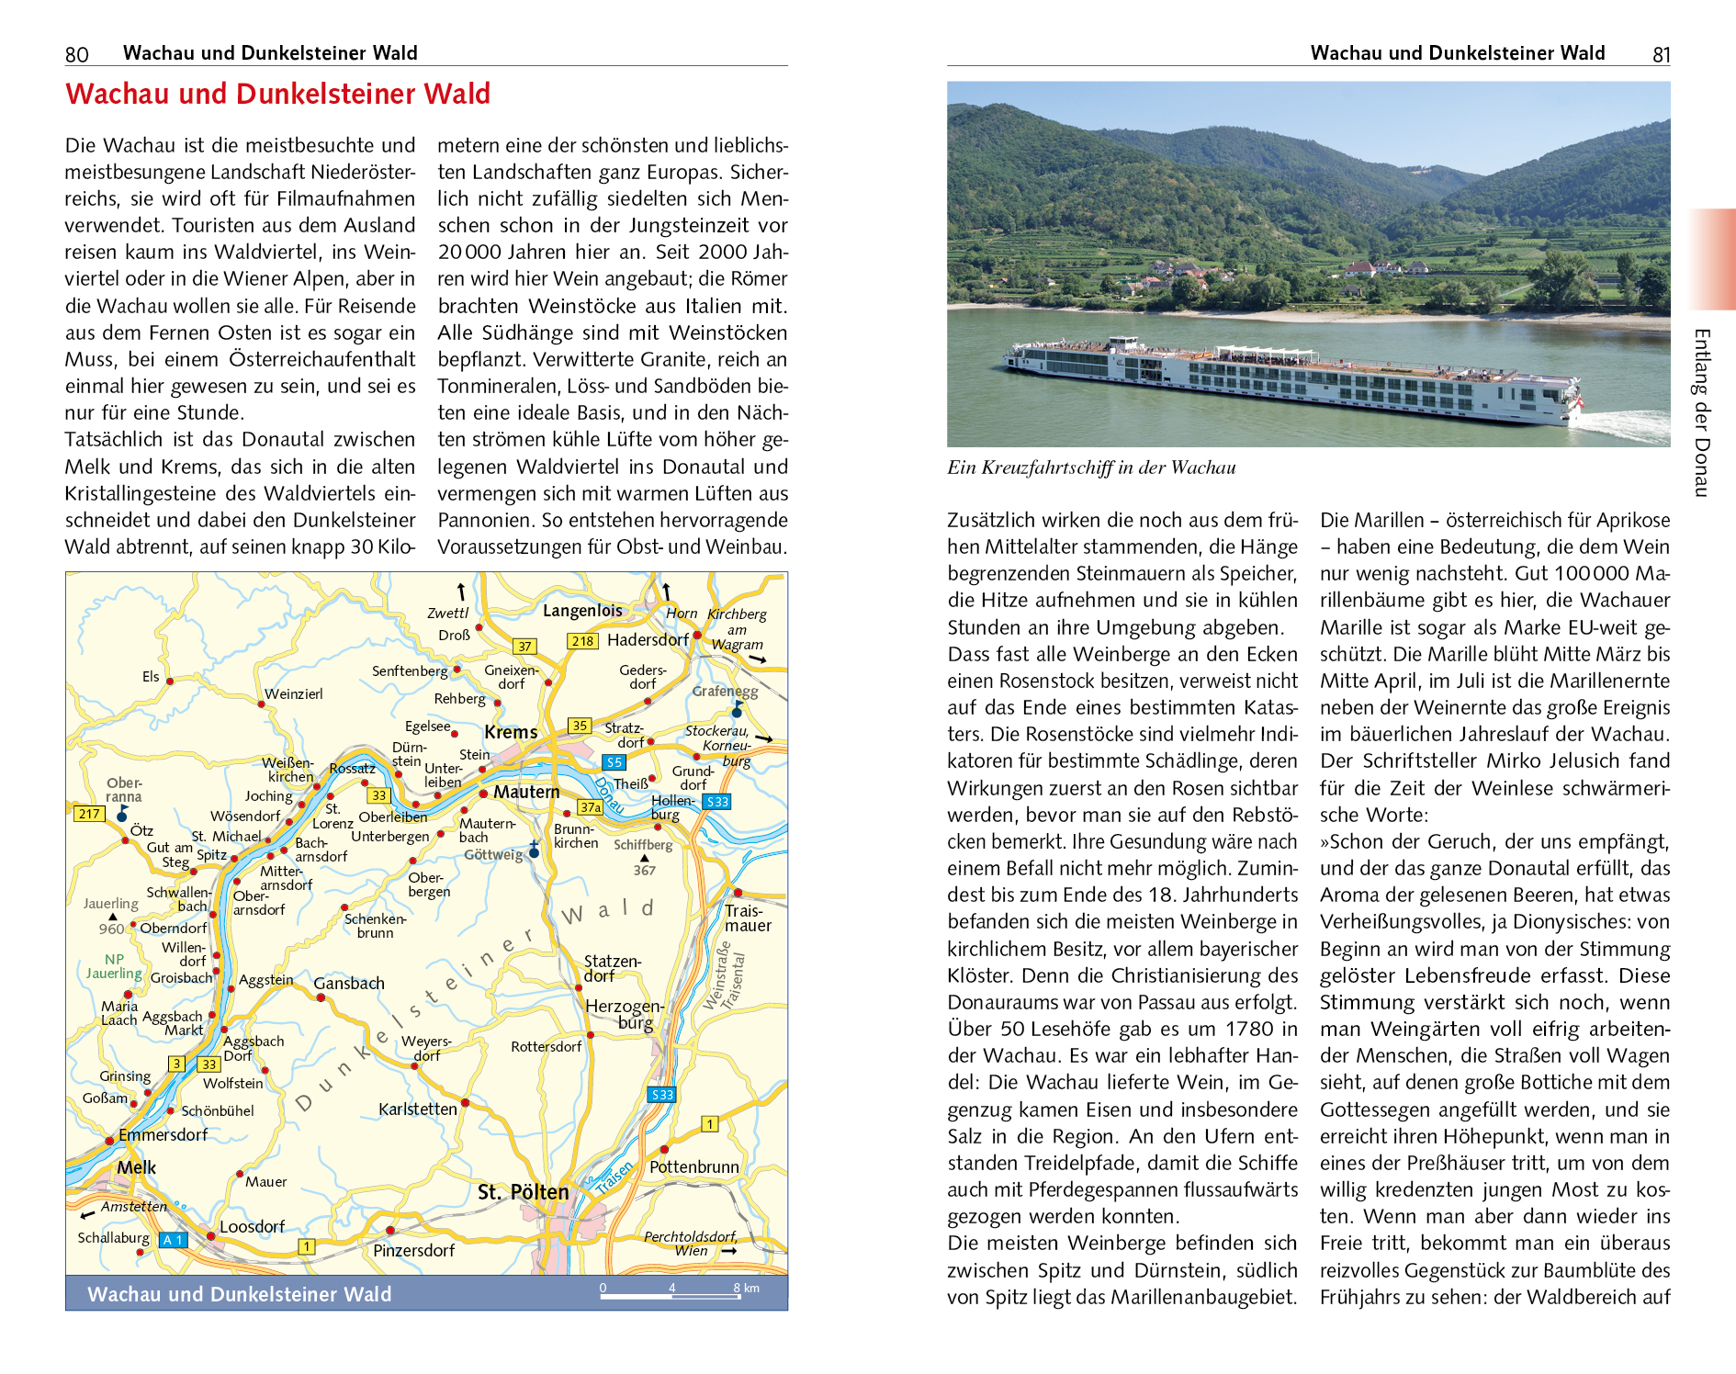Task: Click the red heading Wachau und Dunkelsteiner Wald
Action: (277, 94)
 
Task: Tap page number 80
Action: (77, 54)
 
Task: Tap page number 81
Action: (1661, 54)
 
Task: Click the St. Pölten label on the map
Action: (523, 1192)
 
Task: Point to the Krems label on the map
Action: (511, 732)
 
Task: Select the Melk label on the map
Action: (136, 1167)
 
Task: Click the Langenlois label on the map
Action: (582, 611)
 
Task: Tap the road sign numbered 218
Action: (582, 641)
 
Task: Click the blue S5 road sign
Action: (614, 762)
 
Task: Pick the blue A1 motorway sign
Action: (173, 1240)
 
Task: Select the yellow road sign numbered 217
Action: (89, 813)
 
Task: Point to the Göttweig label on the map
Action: (493, 854)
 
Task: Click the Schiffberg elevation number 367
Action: (644, 870)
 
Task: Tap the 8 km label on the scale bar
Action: (747, 1288)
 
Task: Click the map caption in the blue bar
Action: (239, 1294)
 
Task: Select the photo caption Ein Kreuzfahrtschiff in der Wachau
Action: (1091, 467)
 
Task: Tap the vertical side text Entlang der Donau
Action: (1701, 412)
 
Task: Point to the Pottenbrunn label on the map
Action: (693, 1167)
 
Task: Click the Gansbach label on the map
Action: (349, 984)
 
